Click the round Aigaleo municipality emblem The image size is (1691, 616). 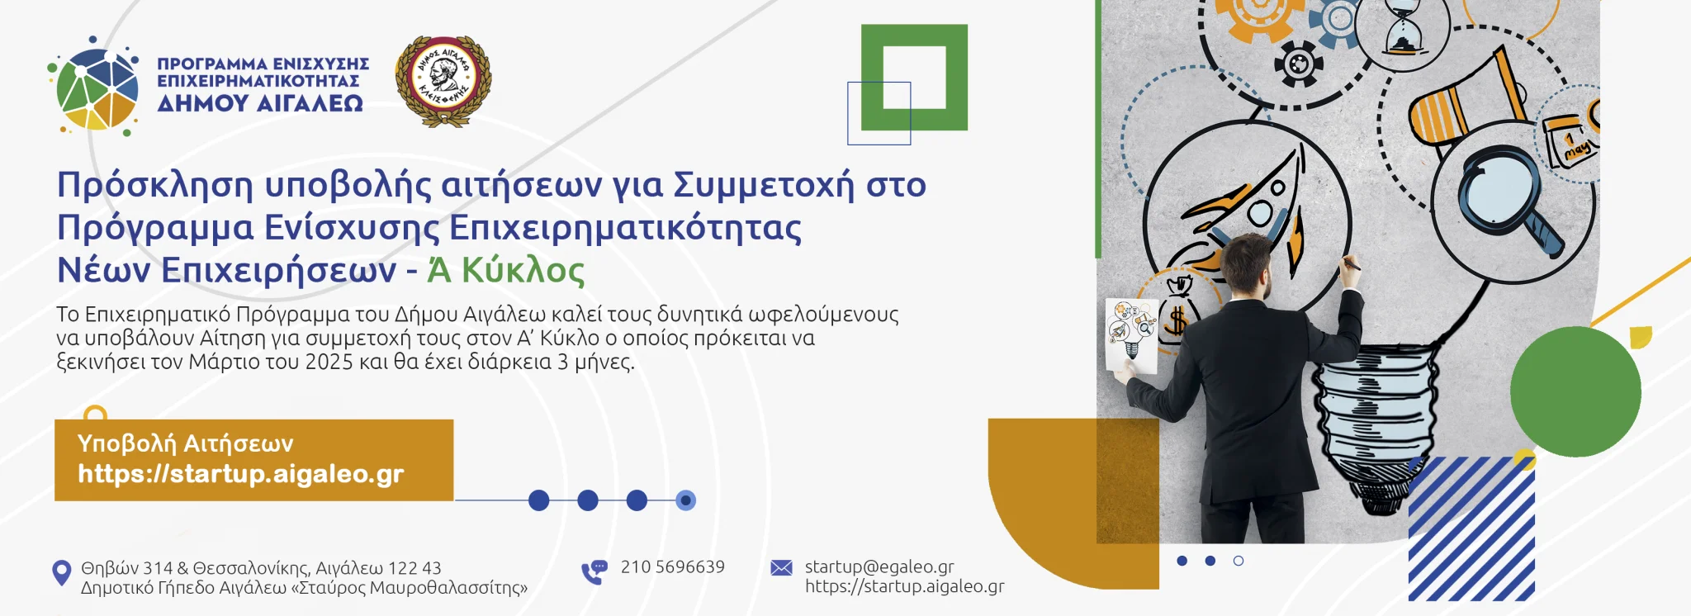coord(443,81)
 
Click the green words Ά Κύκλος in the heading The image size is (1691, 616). coord(506,270)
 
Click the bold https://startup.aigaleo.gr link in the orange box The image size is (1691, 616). coord(241,474)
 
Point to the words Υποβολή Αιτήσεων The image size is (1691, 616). coord(186,443)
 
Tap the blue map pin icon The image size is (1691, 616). coord(62,573)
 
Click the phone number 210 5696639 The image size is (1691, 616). coord(673,566)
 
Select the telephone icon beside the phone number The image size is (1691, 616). coord(594,571)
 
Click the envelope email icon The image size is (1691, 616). coord(781,568)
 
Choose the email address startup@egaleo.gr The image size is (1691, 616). coord(879,566)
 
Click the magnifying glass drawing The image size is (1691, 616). coord(1507,202)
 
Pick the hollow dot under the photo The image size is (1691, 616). coord(1238,561)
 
